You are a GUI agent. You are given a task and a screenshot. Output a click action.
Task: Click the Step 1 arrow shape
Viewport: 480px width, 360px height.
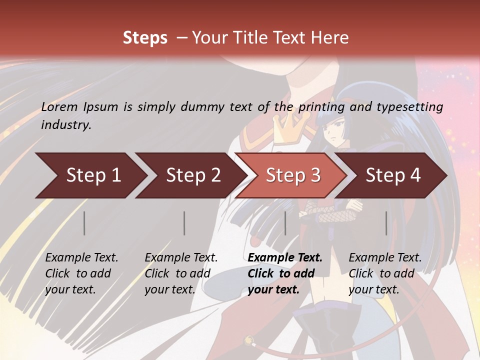(90, 175)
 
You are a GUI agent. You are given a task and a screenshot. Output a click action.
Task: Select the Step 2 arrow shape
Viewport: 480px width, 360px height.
(190, 175)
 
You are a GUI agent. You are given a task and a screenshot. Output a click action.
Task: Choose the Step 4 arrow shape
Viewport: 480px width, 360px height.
(392, 175)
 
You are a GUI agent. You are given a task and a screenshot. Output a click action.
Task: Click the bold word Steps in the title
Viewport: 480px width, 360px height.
(145, 38)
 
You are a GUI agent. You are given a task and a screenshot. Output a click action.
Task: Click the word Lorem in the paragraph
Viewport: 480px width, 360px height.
(59, 106)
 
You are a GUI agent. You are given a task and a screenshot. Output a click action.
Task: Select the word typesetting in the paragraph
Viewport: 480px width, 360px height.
(409, 106)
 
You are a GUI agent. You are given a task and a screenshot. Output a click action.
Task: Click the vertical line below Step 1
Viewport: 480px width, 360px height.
(84, 223)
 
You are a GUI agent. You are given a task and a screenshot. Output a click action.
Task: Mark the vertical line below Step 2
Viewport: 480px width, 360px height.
(184, 223)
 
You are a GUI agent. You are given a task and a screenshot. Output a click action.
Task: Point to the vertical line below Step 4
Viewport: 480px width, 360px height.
(386, 223)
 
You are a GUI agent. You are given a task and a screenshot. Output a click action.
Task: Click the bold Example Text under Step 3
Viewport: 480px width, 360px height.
(285, 258)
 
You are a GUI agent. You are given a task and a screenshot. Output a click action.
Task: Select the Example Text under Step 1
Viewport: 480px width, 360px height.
(81, 258)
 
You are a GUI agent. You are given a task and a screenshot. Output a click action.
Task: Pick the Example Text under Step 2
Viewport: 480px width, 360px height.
(181, 258)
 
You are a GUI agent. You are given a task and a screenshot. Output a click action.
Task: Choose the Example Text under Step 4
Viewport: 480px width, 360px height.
(385, 258)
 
